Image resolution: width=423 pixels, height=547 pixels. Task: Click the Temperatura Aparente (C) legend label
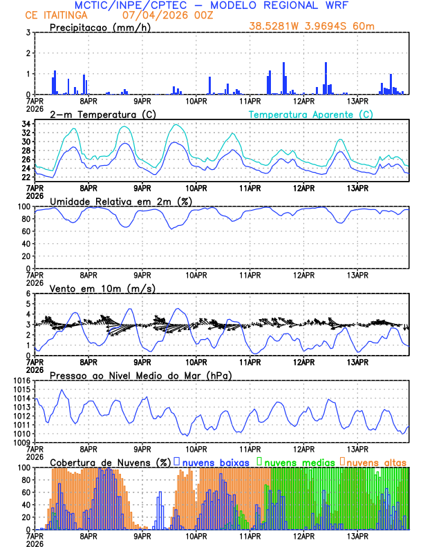point(311,114)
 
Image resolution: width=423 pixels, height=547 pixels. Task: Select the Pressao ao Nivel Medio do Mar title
point(140,375)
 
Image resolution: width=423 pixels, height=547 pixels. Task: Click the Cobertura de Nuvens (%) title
point(110,461)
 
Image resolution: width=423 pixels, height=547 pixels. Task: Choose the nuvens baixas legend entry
point(215,461)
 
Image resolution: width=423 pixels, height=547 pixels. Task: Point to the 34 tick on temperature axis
point(24,124)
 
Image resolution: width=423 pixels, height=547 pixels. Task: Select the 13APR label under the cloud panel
point(357,536)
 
